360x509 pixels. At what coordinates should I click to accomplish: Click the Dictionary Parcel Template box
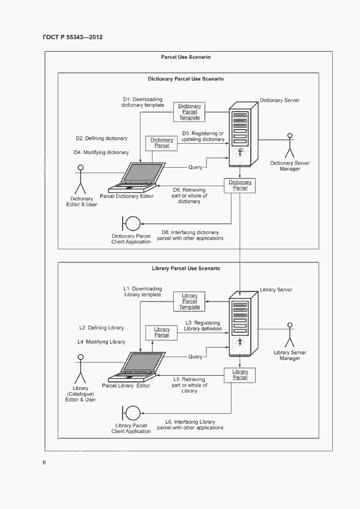[190, 112]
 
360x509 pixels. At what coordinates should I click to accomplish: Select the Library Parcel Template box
[190, 301]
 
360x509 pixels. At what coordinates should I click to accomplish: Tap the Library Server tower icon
[240, 326]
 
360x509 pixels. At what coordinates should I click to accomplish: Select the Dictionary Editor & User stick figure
[82, 177]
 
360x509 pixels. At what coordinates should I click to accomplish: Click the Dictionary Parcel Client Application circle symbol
[132, 223]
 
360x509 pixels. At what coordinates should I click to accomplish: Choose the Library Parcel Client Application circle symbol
[132, 413]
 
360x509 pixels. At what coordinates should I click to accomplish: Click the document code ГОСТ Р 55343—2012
[72, 38]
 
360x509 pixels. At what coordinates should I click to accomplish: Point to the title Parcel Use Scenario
[186, 57]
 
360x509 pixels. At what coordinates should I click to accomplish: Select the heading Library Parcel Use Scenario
[186, 268]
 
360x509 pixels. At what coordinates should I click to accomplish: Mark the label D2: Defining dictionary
[102, 138]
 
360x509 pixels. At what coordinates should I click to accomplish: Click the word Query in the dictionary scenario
[196, 167]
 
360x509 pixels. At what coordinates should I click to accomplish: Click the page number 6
[45, 463]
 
